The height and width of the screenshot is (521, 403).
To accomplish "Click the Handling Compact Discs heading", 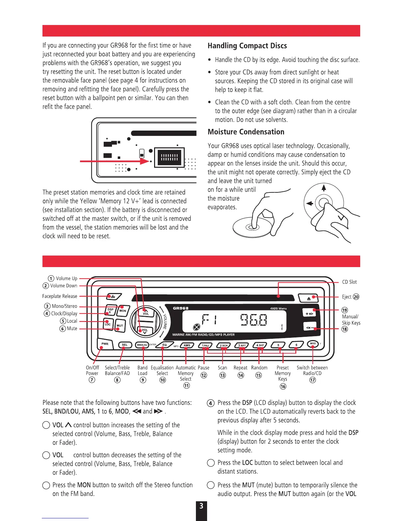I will (247, 46).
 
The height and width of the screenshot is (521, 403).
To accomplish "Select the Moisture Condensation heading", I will (246, 132).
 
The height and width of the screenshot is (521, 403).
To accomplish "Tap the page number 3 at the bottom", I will (201, 507).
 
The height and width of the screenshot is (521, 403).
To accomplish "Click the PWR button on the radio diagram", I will (105, 344).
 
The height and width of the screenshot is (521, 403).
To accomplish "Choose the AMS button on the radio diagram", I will (187, 345).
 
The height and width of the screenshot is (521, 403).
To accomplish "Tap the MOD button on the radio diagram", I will (313, 344).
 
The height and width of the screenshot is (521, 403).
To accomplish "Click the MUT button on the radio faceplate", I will (120, 325).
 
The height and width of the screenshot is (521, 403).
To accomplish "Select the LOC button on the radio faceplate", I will (108, 324).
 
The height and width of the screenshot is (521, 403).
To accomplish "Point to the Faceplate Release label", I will (60, 296).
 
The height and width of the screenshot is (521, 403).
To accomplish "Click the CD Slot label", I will (349, 282).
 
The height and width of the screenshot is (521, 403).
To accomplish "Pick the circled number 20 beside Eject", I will (356, 297).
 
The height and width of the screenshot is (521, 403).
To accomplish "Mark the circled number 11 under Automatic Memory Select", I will (186, 386).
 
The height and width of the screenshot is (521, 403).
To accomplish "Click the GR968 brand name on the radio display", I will (181, 308).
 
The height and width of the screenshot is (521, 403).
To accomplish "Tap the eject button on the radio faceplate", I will (309, 298).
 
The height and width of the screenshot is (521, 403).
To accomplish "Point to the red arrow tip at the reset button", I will (148, 161).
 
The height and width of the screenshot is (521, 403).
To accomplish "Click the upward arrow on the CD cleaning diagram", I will (324, 188).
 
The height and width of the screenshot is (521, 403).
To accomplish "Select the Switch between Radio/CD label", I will (312, 370).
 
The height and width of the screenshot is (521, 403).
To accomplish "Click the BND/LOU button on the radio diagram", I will (142, 345).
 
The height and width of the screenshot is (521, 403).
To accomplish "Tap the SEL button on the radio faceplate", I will (125, 345).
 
